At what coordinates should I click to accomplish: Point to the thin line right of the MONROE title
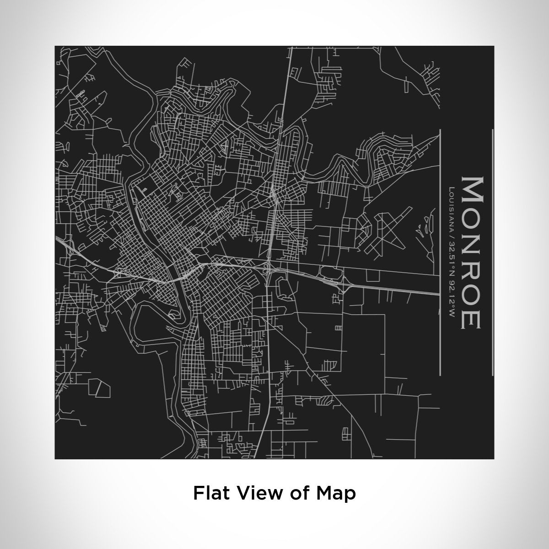point(492,252)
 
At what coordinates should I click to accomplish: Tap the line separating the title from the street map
point(439,252)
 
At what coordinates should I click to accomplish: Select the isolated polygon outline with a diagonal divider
point(98,388)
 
